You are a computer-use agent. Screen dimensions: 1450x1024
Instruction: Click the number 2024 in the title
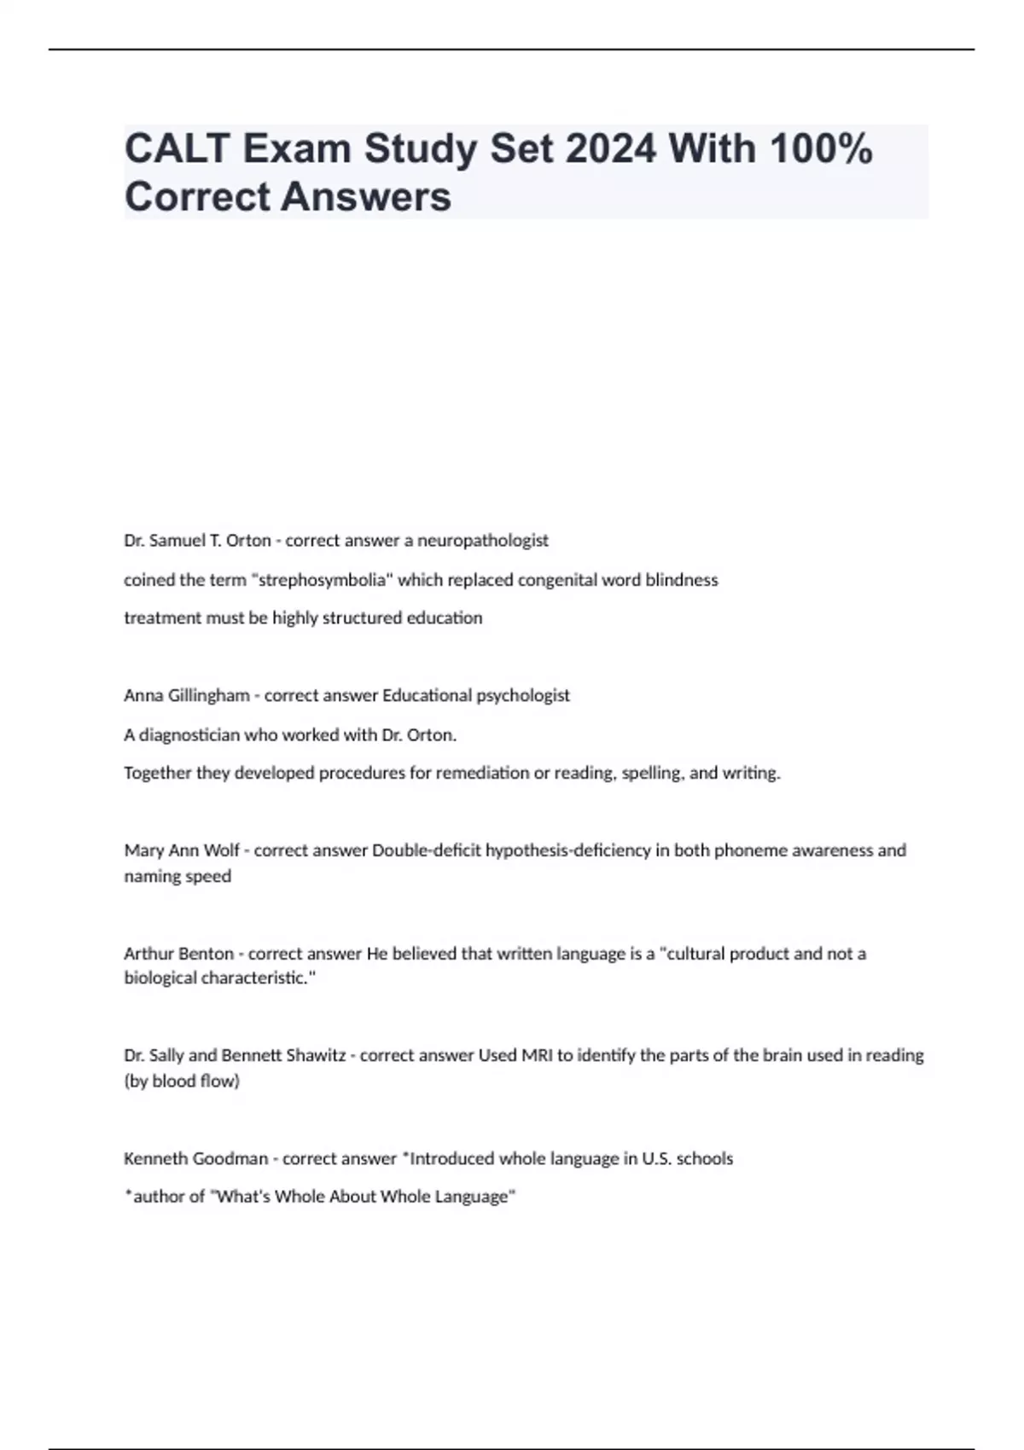click(x=610, y=149)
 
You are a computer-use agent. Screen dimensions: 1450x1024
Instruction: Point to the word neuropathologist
click(x=482, y=541)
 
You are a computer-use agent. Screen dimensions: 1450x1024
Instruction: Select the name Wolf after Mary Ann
click(x=221, y=850)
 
